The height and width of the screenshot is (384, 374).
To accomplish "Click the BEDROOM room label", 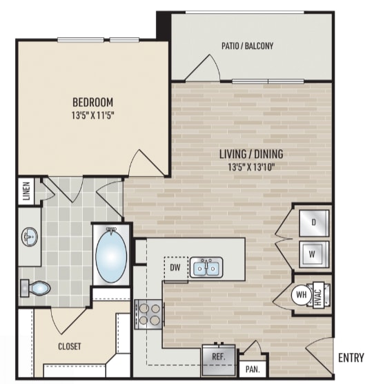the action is [x=93, y=102].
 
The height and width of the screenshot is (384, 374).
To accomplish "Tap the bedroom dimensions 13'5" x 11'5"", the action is [x=93, y=115].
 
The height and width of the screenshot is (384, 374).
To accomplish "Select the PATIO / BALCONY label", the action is [x=247, y=46].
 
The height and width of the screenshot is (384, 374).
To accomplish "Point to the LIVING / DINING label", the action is [x=251, y=154].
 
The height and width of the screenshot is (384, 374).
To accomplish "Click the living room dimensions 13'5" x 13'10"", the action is [x=251, y=167].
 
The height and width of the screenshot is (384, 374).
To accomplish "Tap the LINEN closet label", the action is [x=27, y=191].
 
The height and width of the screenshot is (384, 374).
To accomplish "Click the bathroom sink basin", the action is [x=30, y=237].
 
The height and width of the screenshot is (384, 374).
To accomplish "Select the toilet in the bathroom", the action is [x=35, y=288].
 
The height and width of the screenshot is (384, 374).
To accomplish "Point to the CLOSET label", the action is [x=70, y=346].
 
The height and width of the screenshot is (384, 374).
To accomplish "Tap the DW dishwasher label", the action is [x=175, y=268].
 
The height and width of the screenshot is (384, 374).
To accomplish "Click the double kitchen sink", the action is [x=206, y=267].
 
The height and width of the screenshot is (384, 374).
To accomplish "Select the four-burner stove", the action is [x=148, y=314].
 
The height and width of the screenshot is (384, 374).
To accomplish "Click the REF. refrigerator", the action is [x=219, y=360].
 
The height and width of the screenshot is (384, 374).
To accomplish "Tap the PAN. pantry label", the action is [x=253, y=369].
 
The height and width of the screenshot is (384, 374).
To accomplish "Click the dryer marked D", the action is [x=314, y=222].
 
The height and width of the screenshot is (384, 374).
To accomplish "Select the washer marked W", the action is [x=314, y=254].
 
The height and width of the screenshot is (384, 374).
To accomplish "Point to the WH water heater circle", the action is [x=301, y=295].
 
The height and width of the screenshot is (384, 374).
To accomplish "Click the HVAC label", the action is [x=317, y=295].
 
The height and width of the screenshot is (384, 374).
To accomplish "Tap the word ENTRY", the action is [x=351, y=358].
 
